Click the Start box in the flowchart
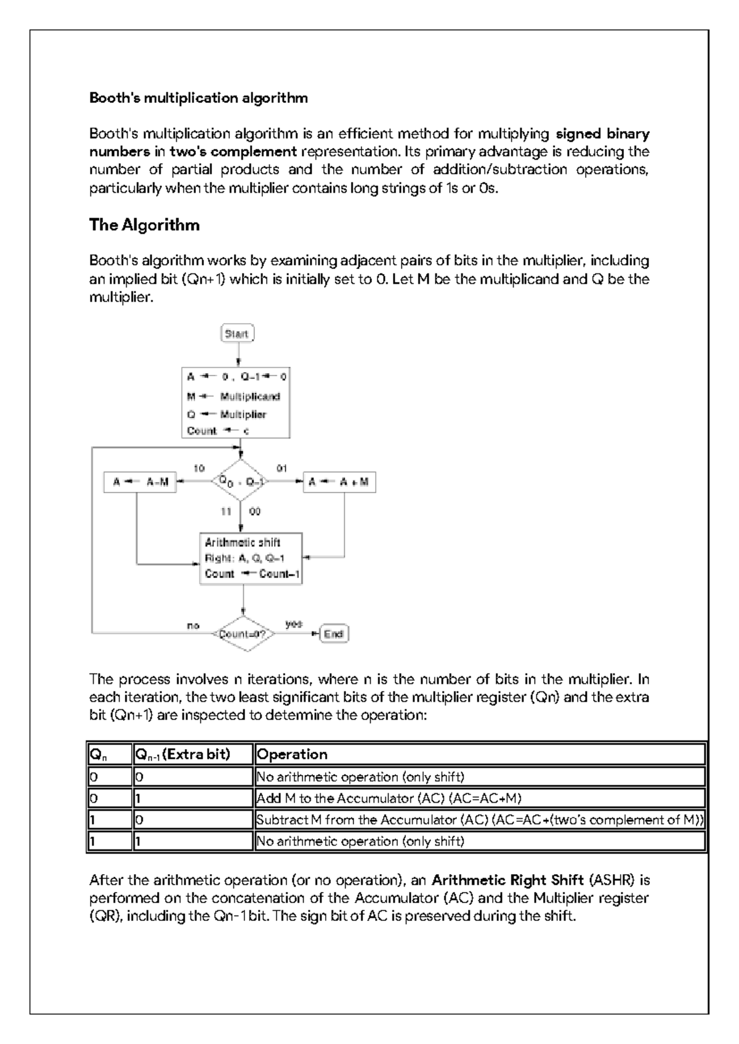point(237,334)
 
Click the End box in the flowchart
point(333,633)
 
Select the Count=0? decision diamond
point(243,633)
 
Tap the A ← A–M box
point(140,483)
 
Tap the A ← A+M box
point(339,483)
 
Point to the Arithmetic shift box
point(251,558)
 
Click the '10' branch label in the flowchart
point(199,468)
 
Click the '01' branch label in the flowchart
point(281,468)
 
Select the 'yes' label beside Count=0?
point(294,624)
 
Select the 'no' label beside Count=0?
point(193,625)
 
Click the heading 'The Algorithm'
point(144,225)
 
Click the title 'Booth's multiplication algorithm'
point(198,98)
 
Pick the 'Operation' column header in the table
point(292,754)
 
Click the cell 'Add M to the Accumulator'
point(389,798)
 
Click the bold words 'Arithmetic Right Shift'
point(507,880)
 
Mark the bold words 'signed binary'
point(602,134)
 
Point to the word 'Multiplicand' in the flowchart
point(250,397)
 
